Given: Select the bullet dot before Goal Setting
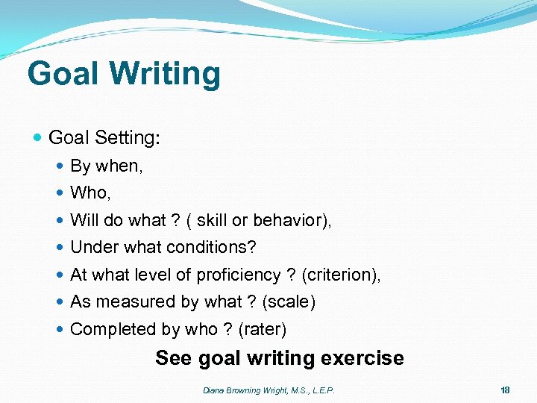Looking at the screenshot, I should point(39,138).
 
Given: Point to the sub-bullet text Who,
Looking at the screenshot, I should point(90,193).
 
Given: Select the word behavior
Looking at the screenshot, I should point(291,220).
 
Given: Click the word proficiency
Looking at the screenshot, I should point(238,275).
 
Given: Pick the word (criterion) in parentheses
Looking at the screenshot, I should point(342,275).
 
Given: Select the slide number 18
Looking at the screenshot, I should point(505,390).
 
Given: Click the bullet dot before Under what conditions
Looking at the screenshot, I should point(60,248).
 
